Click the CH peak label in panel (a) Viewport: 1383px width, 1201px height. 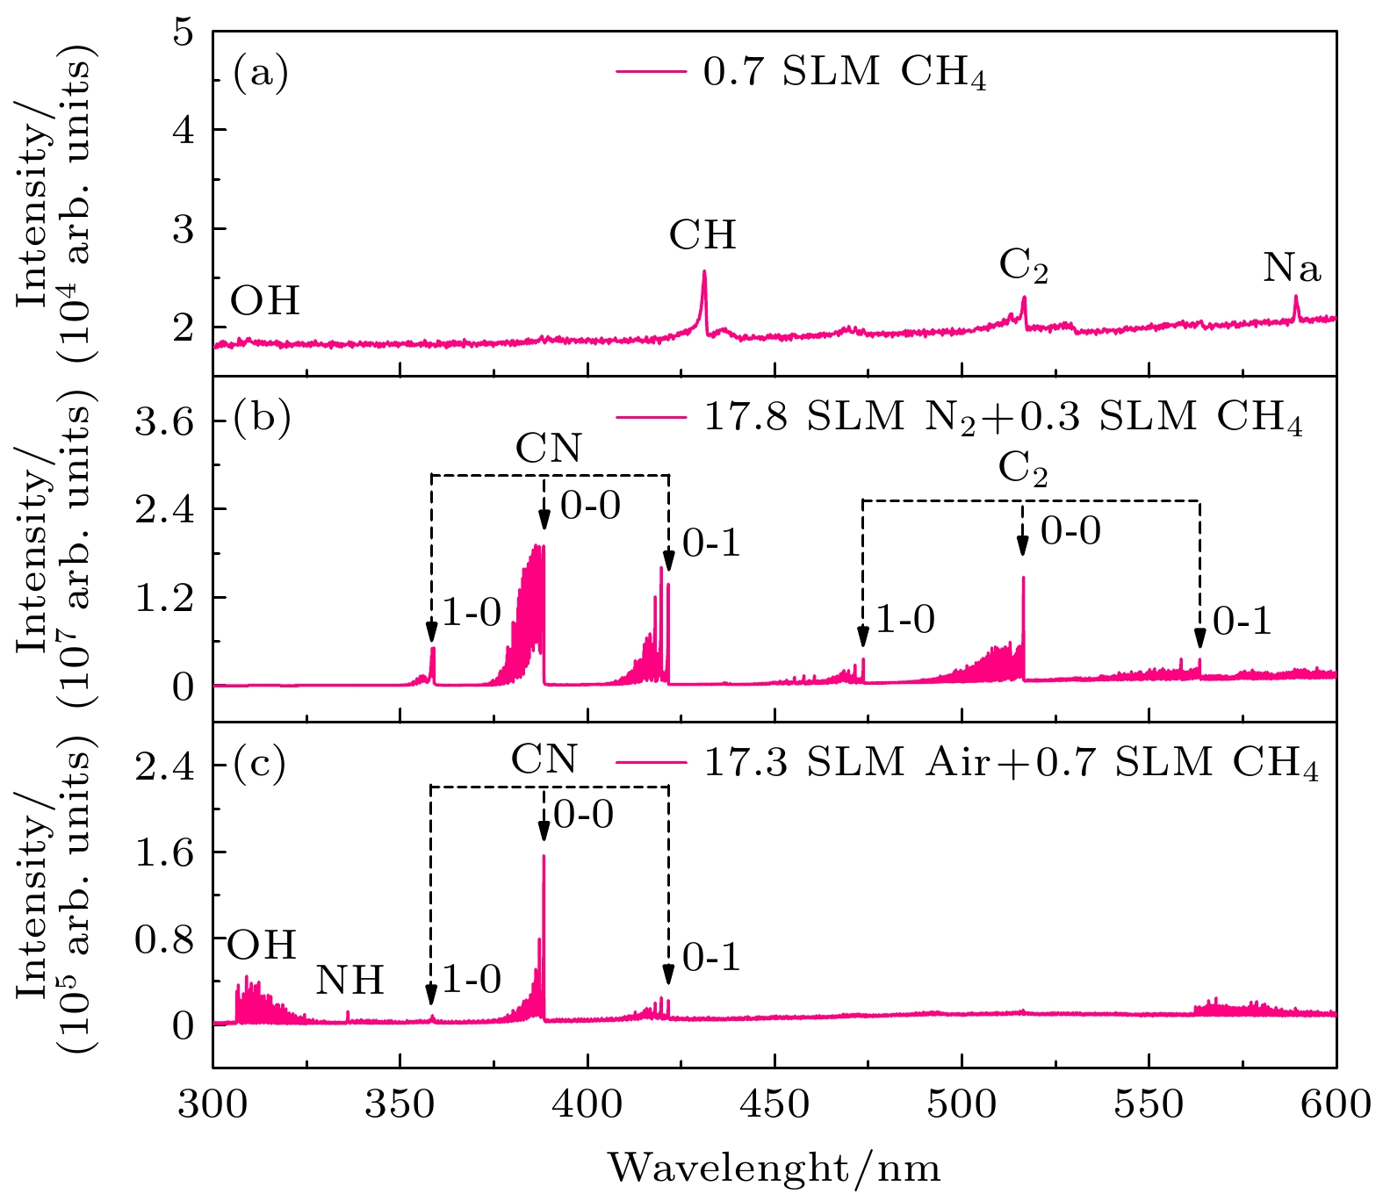coord(702,235)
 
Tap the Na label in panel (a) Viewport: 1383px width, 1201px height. coord(1292,269)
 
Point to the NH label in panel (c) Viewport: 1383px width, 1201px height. coord(349,981)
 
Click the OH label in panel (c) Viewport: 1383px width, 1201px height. coord(262,946)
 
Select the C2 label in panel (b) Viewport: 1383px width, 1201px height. coord(1023,470)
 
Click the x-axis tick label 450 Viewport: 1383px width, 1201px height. coord(774,1104)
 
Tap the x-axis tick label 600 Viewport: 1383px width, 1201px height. coord(1336,1104)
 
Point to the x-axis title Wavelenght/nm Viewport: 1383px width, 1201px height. coord(774,1168)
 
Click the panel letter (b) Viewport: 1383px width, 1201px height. coord(261,418)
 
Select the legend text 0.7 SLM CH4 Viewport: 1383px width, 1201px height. coord(845,72)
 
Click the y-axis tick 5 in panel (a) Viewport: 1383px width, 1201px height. coord(183,32)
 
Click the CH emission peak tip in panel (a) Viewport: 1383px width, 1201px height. coord(704,271)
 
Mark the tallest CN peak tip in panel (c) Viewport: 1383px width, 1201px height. coord(544,856)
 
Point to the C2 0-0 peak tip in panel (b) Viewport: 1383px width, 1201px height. coord(1023,578)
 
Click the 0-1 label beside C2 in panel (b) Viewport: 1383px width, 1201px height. coord(1242,622)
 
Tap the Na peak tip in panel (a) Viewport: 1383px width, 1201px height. coord(1295,296)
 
